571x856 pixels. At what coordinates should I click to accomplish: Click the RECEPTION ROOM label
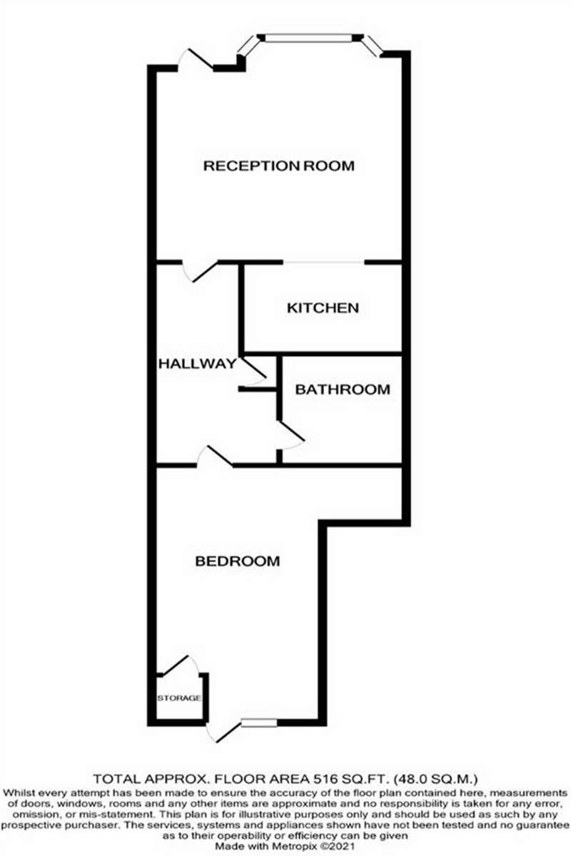point(279,165)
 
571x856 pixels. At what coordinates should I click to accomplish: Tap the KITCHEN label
point(323,308)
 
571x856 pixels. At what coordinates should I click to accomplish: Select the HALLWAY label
point(198,363)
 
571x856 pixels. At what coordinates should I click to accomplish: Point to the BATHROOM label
point(343,389)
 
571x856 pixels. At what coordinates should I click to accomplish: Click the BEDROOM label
point(238,561)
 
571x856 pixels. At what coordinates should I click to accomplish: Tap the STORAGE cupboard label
point(179,698)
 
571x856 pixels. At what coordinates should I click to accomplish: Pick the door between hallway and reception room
point(200,271)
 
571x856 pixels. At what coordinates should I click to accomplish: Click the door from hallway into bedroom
point(215,457)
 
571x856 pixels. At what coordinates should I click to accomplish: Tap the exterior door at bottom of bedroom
point(223,731)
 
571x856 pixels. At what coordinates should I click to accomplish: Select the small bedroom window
point(259,723)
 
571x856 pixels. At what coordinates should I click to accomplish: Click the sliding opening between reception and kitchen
point(323,263)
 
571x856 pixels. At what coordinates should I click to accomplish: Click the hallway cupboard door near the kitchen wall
point(253,372)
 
